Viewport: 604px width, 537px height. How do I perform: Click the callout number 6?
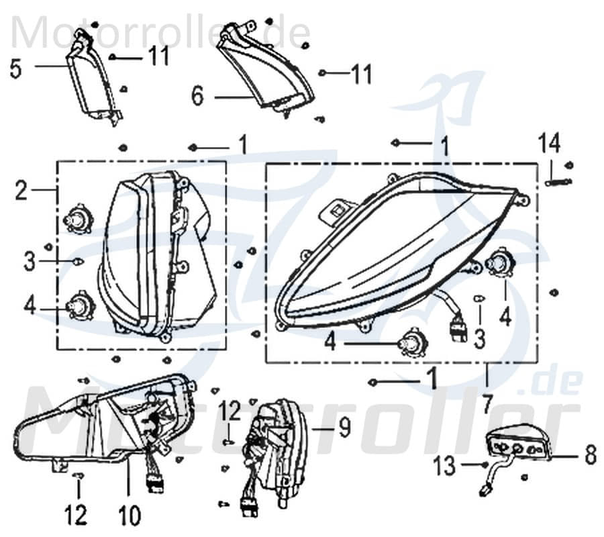tap(197, 96)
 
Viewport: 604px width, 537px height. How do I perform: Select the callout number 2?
tap(21, 191)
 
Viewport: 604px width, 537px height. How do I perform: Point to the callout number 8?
tap(590, 456)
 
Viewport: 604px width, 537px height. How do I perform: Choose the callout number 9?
tap(344, 427)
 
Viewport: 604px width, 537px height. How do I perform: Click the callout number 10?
tap(130, 515)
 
